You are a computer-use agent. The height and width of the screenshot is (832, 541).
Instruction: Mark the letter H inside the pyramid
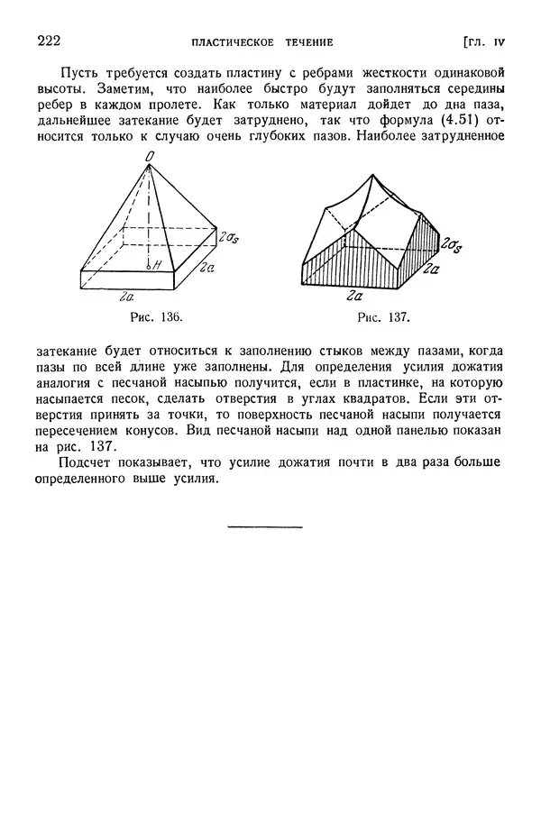coord(156,266)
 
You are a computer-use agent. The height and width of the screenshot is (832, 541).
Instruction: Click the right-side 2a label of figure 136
coord(206,268)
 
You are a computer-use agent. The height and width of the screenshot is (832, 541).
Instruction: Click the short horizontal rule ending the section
coord(265,526)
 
